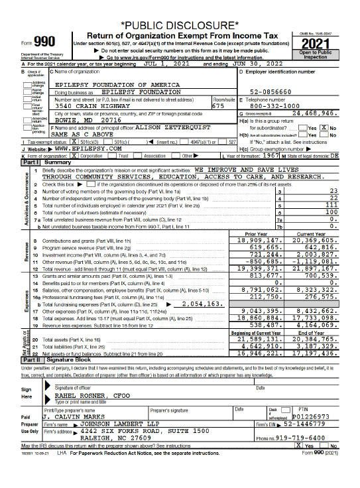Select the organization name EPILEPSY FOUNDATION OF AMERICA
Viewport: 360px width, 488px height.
pos(117,86)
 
